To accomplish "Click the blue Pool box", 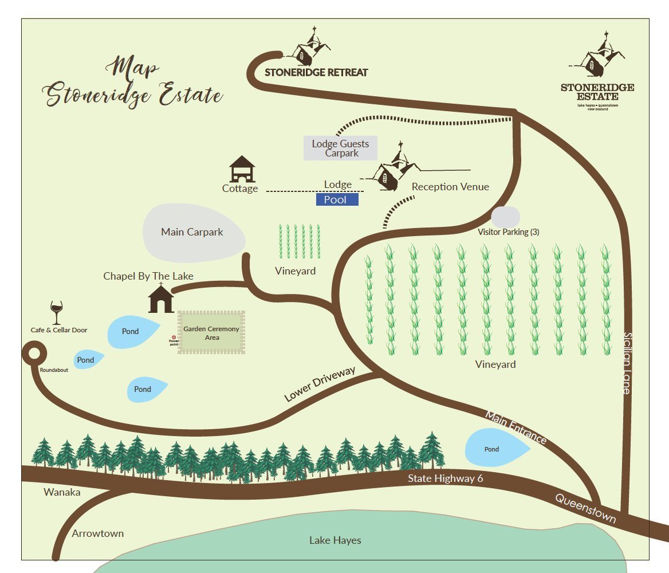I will (337, 199).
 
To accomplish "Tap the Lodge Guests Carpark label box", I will (340, 148).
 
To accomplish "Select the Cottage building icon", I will (242, 169).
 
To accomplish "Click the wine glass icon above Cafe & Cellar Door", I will (56, 313).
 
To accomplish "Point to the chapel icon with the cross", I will (161, 299).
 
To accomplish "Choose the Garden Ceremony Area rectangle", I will (212, 333).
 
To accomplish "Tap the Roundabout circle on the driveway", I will (34, 354).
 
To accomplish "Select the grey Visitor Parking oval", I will (505, 218).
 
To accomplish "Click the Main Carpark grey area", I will (192, 232).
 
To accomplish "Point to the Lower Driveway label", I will (320, 384).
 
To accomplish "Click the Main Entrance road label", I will (515, 427).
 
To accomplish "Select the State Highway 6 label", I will (442, 479).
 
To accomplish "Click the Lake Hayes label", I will (335, 540).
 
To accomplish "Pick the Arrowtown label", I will (97, 533).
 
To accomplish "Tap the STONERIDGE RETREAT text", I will (316, 73).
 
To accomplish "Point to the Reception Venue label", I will (450, 187).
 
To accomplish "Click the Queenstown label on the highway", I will (585, 508).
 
